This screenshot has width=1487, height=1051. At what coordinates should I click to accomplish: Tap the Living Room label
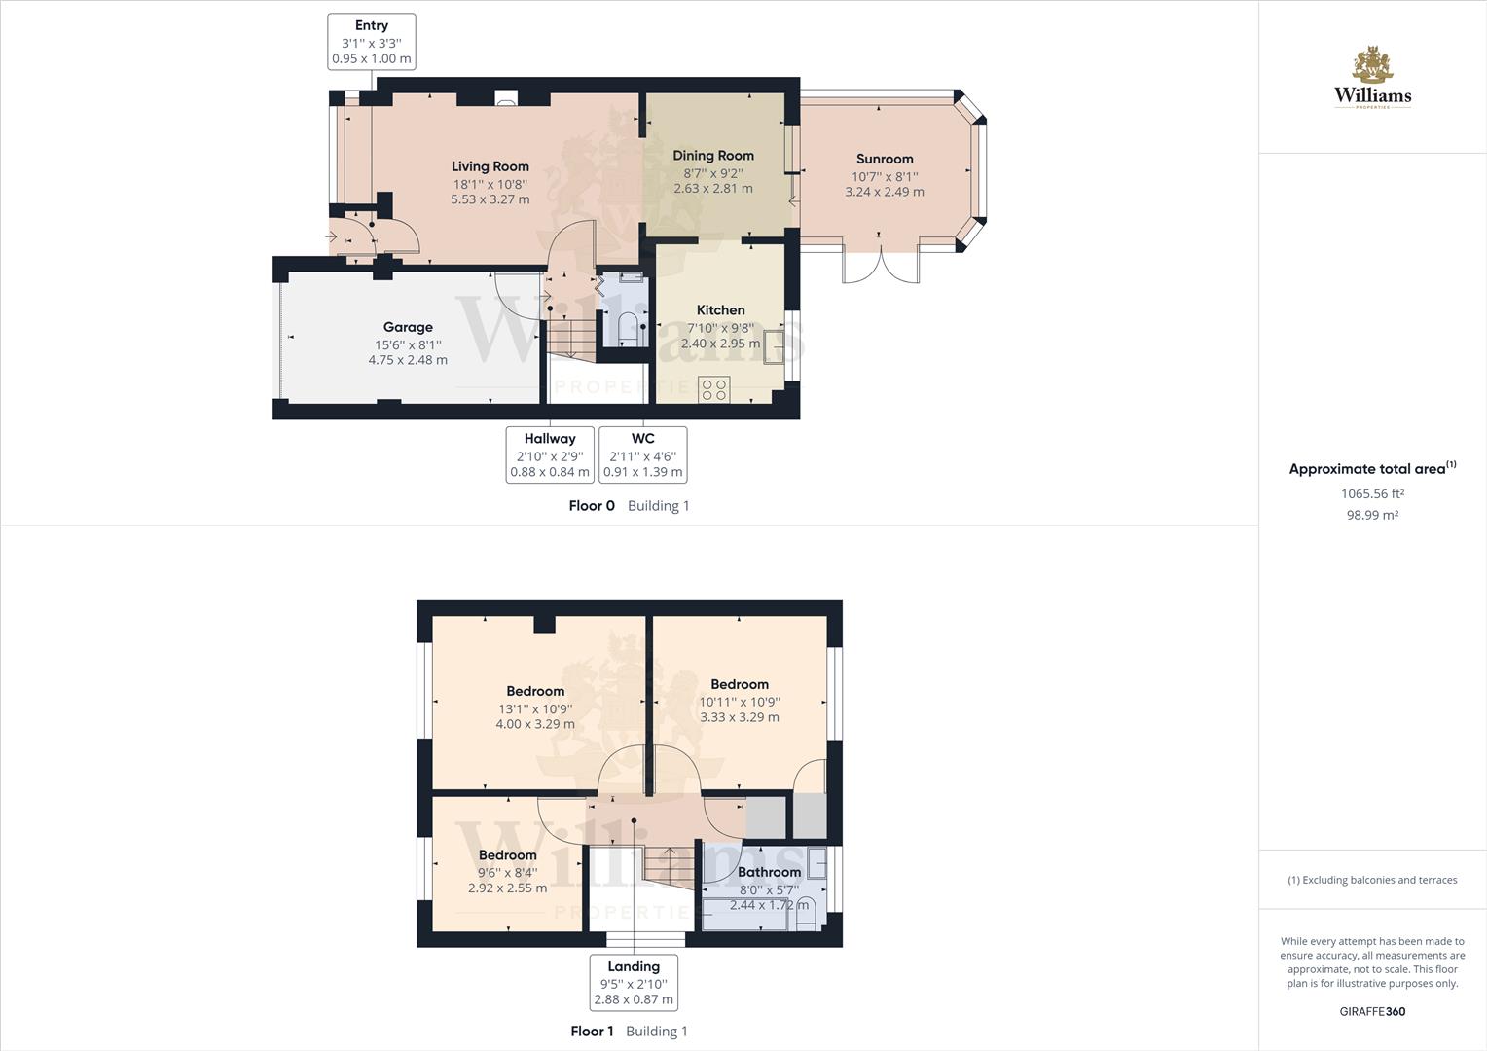[x=490, y=166]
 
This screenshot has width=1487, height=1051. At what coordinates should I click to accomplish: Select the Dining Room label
[x=713, y=156]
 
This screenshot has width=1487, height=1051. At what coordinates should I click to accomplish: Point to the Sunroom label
[x=885, y=159]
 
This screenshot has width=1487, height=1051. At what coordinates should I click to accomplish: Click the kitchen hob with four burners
[x=713, y=389]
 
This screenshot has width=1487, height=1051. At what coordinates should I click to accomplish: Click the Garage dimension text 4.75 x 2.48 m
[x=408, y=360]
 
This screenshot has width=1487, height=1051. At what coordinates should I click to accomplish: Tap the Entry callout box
[x=372, y=42]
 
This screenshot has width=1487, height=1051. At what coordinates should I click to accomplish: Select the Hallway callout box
[x=550, y=454]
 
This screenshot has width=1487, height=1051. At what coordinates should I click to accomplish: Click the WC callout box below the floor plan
[x=642, y=454]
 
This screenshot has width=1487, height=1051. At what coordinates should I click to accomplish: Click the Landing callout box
[x=634, y=983]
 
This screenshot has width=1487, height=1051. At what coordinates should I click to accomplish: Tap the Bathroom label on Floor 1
[x=769, y=872]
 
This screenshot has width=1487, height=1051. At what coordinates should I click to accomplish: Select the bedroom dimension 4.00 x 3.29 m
[x=535, y=724]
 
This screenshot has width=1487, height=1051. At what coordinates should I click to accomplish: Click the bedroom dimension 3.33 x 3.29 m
[x=740, y=717]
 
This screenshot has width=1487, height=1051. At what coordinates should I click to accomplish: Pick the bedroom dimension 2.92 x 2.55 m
[x=507, y=888]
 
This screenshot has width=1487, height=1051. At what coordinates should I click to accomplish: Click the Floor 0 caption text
[x=592, y=506]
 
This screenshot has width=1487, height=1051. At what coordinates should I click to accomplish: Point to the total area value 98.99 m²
[x=1372, y=515]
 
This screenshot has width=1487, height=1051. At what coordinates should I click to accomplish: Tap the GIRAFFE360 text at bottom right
[x=1372, y=1011]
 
